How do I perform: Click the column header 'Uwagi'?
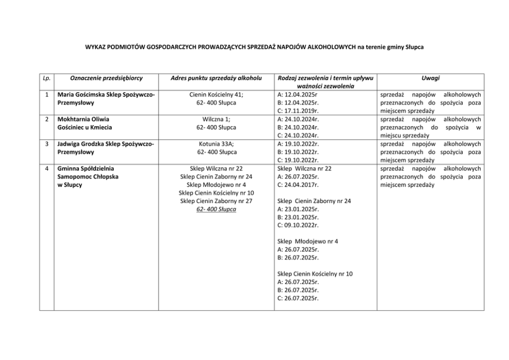[431, 78]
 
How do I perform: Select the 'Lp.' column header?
[46, 78]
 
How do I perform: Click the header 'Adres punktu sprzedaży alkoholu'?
[216, 78]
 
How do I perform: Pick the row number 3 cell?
[46, 144]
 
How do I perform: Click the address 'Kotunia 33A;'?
[216, 144]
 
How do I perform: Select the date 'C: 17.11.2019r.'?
[298, 111]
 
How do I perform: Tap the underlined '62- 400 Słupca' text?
[216, 209]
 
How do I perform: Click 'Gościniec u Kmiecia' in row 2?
[85, 128]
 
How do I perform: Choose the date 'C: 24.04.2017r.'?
[298, 185]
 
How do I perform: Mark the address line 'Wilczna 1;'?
[216, 119]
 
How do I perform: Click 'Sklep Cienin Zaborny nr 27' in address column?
[216, 201]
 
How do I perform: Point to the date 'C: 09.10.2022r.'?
[298, 225]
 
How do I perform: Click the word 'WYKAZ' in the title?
[96, 47]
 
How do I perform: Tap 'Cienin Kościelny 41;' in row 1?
[216, 95]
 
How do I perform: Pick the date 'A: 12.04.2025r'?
[297, 95]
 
